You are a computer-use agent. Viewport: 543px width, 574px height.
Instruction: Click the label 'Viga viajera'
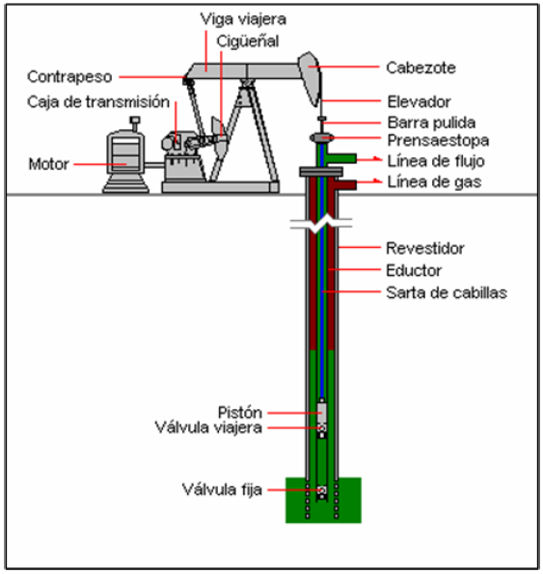coord(243,19)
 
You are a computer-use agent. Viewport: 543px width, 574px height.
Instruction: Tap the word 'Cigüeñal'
coord(248,41)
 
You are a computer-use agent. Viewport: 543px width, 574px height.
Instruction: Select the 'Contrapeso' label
coord(69,77)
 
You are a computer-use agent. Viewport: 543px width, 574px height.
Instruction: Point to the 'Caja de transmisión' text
coord(98,101)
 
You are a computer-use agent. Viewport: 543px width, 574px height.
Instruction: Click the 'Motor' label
coord(48,164)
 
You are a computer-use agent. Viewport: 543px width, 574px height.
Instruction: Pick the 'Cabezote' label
coord(421,68)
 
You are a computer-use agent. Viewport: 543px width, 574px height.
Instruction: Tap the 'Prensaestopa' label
coord(438,140)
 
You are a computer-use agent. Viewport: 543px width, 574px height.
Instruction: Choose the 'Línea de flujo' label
coord(436,161)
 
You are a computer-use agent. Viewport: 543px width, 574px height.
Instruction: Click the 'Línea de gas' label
coord(434,182)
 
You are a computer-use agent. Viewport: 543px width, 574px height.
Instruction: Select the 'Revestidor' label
coord(425,249)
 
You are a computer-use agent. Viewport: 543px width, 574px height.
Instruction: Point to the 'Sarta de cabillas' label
coord(447,293)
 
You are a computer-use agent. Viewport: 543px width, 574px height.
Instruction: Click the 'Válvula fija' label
coord(222,489)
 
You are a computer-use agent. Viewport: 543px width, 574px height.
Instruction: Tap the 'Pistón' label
coord(240,413)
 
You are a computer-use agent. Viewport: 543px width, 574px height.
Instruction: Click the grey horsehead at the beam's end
coord(311,77)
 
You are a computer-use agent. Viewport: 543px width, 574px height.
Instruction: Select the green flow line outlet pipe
coord(341,158)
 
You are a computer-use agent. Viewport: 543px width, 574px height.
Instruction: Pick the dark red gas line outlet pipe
coord(343,184)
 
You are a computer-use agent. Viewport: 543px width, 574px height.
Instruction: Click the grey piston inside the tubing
coord(322,412)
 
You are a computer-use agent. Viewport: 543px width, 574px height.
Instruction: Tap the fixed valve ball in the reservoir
coord(322,490)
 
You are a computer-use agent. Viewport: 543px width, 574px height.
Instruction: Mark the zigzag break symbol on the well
coord(321,224)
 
